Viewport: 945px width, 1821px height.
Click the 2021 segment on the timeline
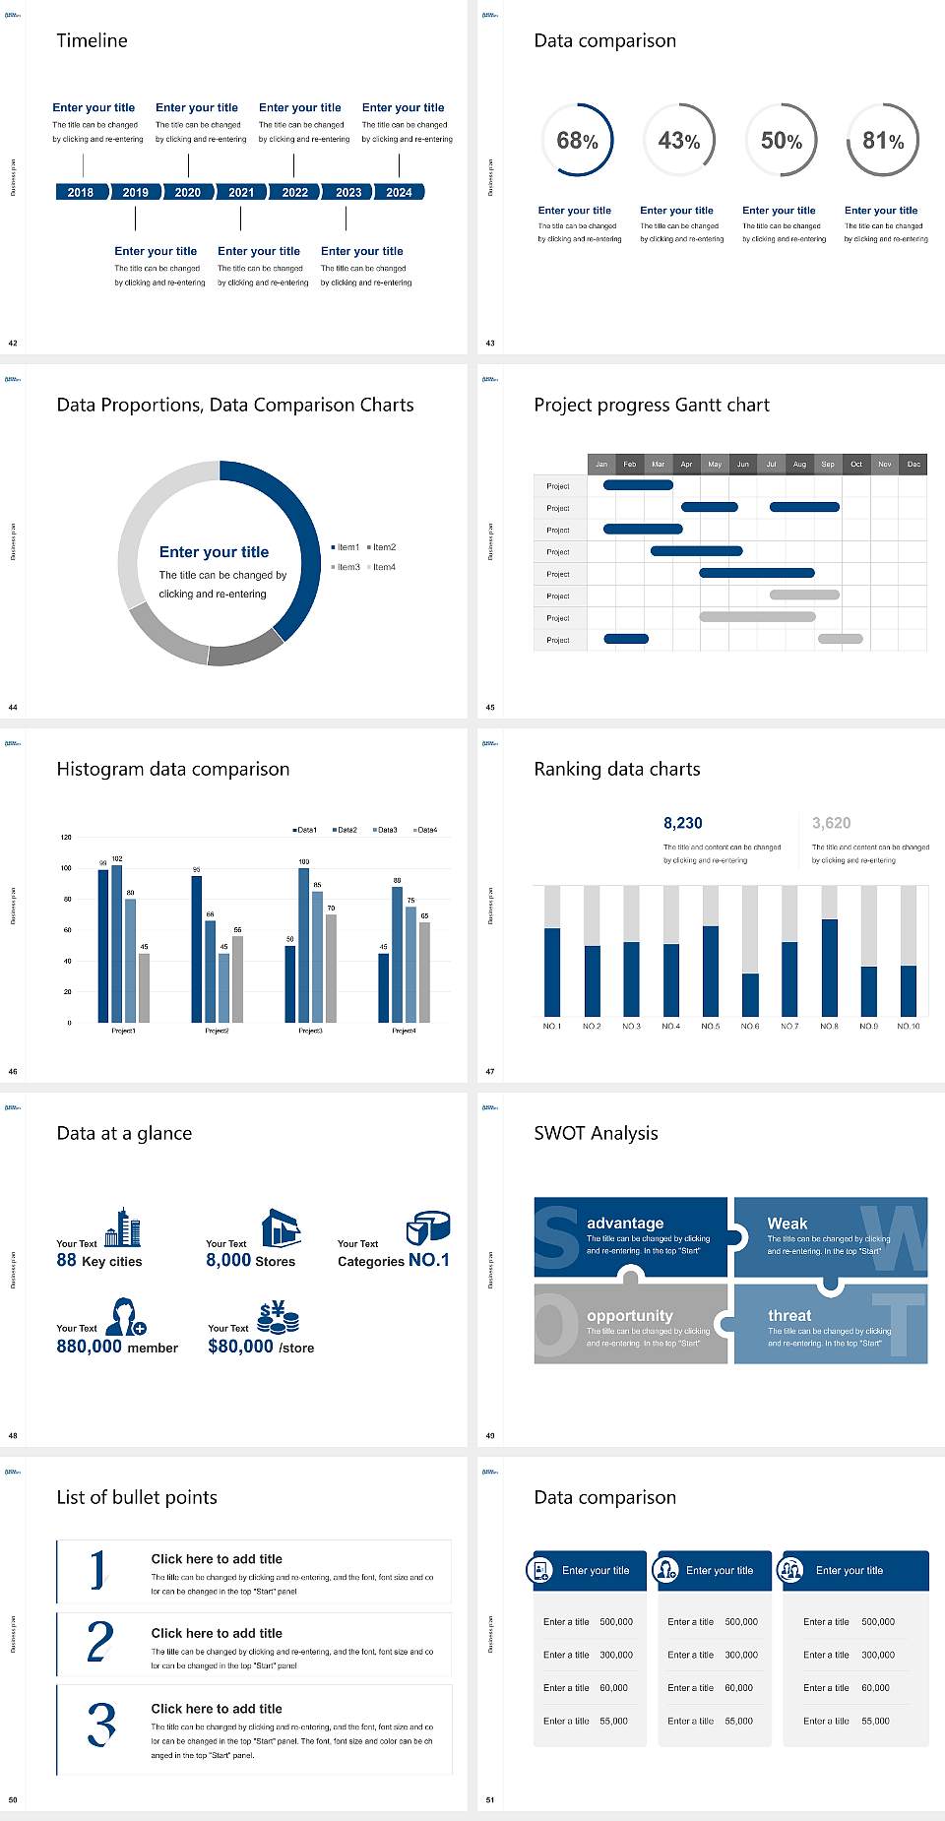(241, 192)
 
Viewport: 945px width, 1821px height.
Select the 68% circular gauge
(577, 140)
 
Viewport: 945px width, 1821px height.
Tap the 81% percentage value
(883, 141)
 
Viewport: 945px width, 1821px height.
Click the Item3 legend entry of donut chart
(346, 567)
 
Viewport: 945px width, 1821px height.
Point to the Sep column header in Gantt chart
(828, 464)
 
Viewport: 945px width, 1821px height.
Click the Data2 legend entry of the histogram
(345, 830)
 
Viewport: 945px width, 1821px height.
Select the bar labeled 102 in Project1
(117, 943)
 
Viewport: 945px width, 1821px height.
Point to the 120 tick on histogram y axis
(66, 837)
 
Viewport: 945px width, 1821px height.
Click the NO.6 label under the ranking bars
(750, 1026)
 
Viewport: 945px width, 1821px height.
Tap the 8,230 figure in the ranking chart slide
(683, 823)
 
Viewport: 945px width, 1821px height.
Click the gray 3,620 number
(831, 823)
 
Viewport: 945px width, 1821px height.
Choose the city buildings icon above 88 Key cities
(122, 1227)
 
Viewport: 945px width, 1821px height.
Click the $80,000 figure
(240, 1347)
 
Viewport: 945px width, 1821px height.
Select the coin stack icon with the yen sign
(279, 1316)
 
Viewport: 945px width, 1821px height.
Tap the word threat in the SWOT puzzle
(789, 1315)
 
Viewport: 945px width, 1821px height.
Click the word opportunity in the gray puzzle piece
(630, 1315)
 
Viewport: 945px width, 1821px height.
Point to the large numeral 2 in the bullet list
(100, 1642)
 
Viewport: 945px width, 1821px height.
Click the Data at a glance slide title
(124, 1133)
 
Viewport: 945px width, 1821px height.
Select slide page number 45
(490, 707)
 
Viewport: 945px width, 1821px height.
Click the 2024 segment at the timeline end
(399, 192)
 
